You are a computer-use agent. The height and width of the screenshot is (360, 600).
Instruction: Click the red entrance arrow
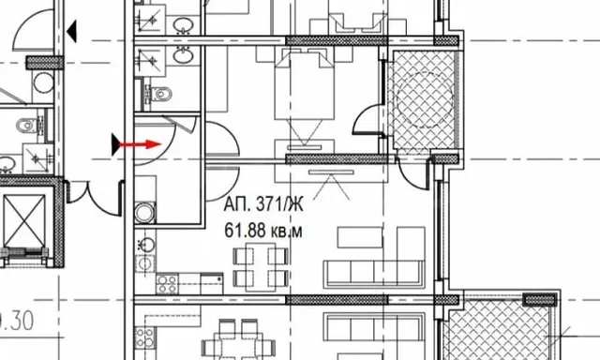[140, 144]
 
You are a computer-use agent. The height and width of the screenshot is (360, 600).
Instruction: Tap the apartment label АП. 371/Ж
[263, 204]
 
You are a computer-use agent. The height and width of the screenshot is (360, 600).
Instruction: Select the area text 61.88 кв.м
[262, 231]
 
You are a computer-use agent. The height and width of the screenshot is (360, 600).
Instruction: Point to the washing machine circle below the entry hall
[145, 212]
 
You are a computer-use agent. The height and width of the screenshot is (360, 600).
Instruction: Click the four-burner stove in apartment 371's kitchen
[167, 284]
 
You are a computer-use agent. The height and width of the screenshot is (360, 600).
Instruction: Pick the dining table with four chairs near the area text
[261, 266]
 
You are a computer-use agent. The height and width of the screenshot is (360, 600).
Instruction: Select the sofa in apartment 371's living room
[374, 274]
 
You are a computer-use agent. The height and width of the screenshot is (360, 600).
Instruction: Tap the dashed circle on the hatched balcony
[425, 98]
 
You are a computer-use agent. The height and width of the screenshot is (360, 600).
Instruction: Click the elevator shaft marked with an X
[24, 221]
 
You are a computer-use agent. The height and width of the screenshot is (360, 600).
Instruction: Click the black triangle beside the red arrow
[115, 144]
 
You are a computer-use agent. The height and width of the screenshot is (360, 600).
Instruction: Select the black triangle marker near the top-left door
[71, 31]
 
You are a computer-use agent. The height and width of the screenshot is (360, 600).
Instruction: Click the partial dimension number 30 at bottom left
[22, 321]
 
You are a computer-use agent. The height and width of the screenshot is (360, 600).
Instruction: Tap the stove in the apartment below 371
[144, 337]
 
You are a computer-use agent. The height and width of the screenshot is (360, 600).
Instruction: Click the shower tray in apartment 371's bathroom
[149, 61]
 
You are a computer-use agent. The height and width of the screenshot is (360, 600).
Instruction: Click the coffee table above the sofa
[360, 237]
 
